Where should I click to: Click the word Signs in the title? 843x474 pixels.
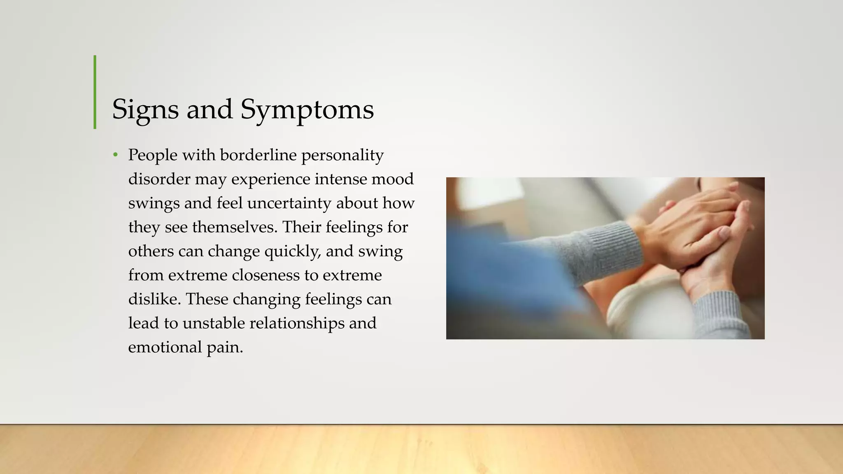[145, 109]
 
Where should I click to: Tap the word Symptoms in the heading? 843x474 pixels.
[307, 109]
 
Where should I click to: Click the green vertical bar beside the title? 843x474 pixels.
[95, 92]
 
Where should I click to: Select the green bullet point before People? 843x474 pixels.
[116, 155]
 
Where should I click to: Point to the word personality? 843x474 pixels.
[342, 155]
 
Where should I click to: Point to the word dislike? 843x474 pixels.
[154, 299]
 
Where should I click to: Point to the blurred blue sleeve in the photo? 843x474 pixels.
[515, 267]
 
